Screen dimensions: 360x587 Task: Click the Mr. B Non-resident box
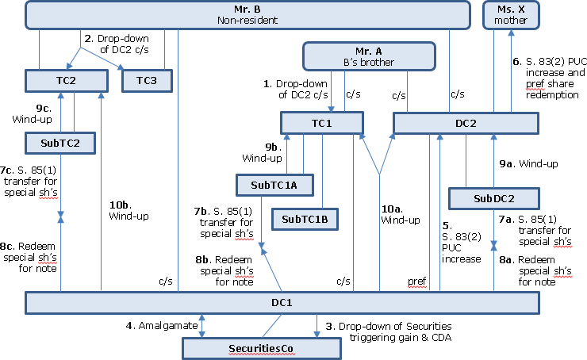(x=247, y=14)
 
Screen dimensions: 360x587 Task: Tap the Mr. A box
(x=370, y=56)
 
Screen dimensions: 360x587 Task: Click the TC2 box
(x=67, y=80)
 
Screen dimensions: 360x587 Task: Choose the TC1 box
(x=321, y=123)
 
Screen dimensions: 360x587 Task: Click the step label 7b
(x=204, y=212)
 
